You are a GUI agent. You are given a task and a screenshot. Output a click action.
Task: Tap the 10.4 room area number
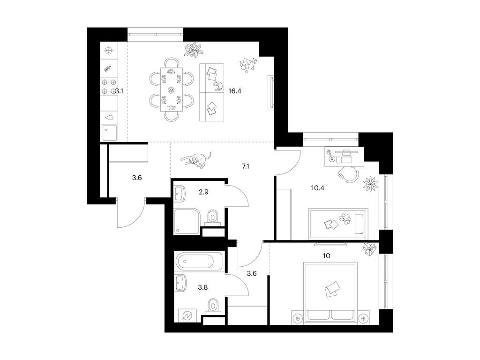(x=318, y=189)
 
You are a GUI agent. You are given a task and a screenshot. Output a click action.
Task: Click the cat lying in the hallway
(x=197, y=159)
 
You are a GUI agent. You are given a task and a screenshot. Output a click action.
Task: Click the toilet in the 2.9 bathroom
(x=213, y=216)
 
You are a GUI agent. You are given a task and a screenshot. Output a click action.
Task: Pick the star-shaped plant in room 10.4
(x=370, y=183)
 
